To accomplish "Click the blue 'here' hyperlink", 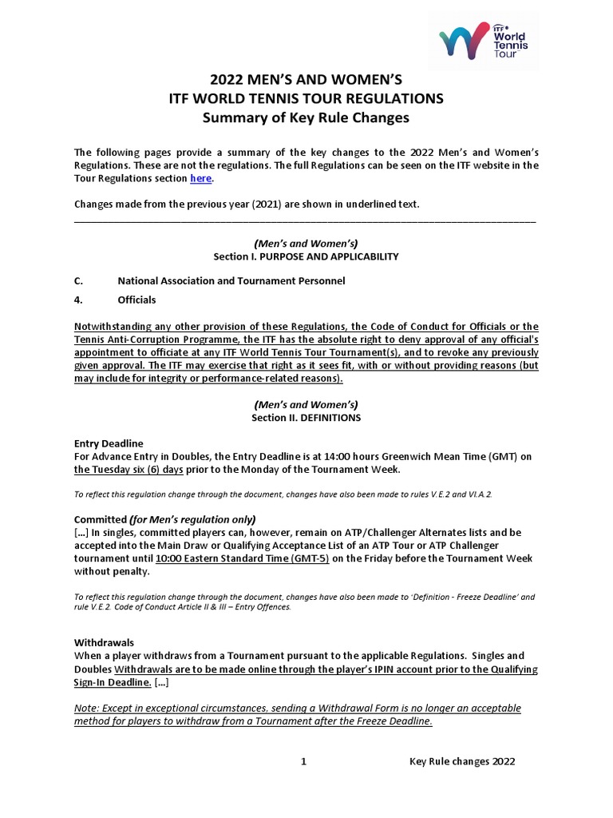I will (200, 178).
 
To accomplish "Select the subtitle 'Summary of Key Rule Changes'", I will (306, 117).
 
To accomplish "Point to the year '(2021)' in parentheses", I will (268, 204).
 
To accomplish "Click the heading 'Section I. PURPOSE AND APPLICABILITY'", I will (306, 256).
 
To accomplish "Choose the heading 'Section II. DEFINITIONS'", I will (306, 417).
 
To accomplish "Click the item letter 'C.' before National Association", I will (78, 280).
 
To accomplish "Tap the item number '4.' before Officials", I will (78, 300).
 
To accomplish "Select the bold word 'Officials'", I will (136, 300).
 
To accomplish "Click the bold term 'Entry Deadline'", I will (109, 443).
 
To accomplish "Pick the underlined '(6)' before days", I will (154, 469).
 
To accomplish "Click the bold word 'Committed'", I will (101, 519).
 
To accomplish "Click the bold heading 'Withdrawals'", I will (104, 642).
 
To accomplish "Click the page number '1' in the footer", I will (303, 761).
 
